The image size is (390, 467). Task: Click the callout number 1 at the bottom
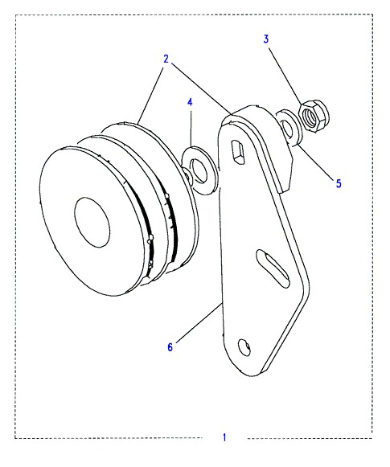point(224,437)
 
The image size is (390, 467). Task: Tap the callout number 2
point(166,59)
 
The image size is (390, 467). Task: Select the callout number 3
point(265,39)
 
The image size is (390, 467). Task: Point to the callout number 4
point(190,102)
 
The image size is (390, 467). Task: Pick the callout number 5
point(339,183)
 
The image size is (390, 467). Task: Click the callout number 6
point(170,347)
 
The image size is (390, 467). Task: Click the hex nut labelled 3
point(314,117)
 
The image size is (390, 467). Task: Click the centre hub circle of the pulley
point(92,222)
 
